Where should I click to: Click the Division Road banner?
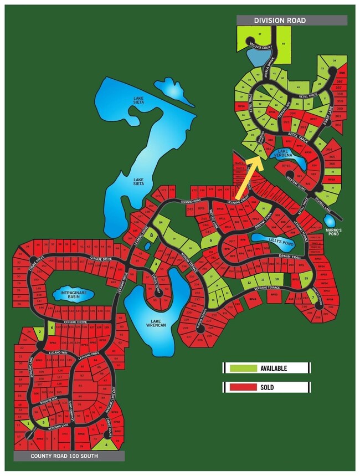point(291,21)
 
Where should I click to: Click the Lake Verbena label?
point(283,153)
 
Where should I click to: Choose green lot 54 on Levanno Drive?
point(161,222)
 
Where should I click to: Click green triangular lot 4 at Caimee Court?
point(107,444)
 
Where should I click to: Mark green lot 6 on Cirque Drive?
point(52,327)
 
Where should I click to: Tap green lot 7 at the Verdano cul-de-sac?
point(313,297)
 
